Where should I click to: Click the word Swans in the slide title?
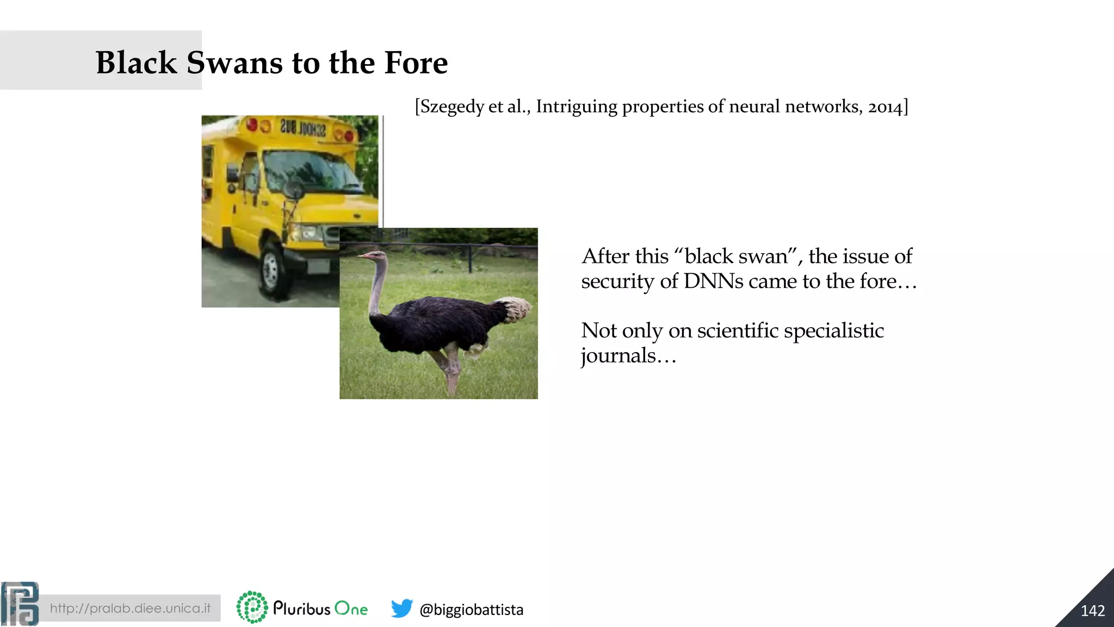click(235, 63)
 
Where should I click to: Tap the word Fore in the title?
click(416, 63)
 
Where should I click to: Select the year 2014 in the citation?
click(885, 107)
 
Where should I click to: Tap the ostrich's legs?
click(449, 370)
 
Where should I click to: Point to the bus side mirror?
click(294, 190)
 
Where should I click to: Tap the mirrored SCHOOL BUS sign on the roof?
click(303, 128)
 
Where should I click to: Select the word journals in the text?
click(618, 356)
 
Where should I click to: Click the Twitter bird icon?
click(401, 608)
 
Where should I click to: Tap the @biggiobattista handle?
click(471, 610)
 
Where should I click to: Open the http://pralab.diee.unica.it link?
click(130, 608)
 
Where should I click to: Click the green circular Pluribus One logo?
click(252, 607)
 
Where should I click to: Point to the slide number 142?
click(1092, 611)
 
